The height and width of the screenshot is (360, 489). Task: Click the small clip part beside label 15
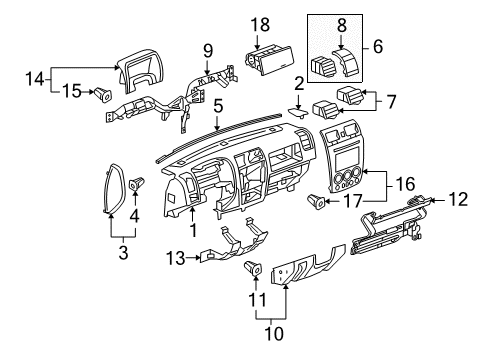103,96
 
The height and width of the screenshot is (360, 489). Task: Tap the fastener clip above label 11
253,268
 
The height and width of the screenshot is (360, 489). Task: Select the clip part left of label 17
318,201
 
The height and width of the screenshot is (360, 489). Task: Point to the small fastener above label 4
136,182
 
